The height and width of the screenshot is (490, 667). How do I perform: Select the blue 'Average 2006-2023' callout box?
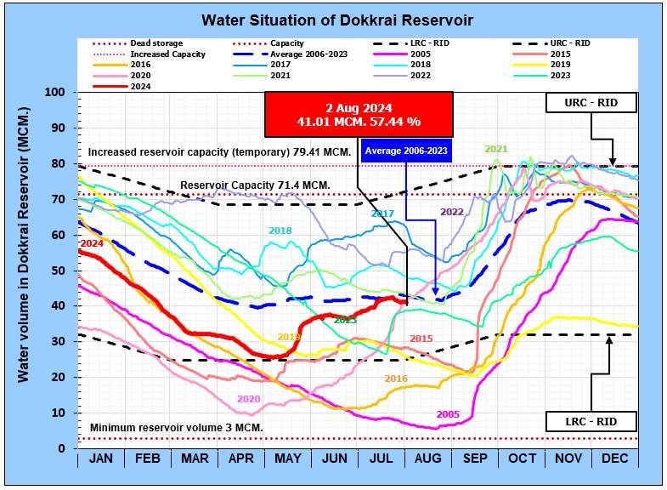pos(406,151)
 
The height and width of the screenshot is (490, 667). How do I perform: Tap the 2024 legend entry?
pos(141,86)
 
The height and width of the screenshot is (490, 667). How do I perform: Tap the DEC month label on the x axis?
pos(615,459)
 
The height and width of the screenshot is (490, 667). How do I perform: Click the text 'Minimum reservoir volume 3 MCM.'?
pos(176,427)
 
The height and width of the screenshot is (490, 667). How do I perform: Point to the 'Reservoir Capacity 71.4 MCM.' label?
pos(256,185)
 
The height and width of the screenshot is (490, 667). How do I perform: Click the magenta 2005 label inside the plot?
pos(448,414)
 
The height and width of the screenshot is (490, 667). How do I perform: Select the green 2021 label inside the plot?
pos(495,150)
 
